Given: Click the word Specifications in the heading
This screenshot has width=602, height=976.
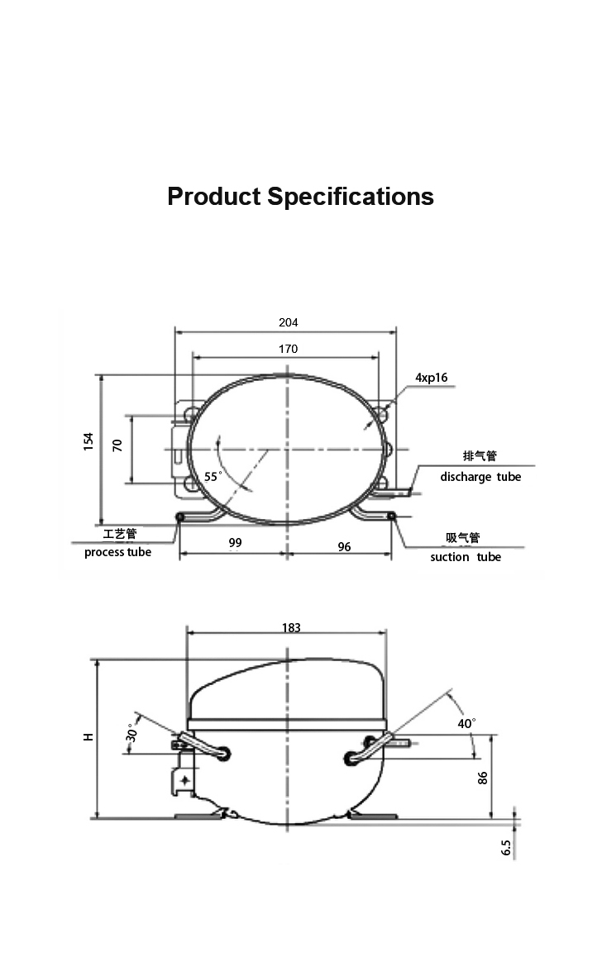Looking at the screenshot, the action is click(351, 197).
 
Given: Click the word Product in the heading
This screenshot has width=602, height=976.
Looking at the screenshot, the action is click(214, 197).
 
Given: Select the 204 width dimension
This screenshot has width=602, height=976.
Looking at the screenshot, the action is click(289, 322).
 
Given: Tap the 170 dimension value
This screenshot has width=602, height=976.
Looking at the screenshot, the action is click(289, 350).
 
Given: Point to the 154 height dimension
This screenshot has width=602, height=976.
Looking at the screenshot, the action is click(88, 441).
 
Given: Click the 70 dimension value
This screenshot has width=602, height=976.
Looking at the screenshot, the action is click(117, 445).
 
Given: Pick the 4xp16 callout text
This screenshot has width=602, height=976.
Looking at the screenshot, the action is click(432, 378).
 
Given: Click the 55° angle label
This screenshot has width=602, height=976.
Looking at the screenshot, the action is click(213, 477).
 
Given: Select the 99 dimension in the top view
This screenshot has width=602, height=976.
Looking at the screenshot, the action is click(236, 543).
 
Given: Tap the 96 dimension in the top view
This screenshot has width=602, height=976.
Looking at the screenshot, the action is click(344, 546).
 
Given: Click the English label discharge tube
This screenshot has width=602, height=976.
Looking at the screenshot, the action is click(480, 477).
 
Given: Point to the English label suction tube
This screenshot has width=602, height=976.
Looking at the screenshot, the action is click(466, 557).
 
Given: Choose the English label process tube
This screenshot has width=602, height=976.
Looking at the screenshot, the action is click(117, 552).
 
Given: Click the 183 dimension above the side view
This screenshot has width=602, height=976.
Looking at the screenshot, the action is click(291, 627).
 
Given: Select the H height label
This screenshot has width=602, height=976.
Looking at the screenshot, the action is click(88, 737).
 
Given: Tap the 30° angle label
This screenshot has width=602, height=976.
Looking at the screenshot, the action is click(131, 733).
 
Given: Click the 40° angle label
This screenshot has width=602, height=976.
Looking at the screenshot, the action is click(467, 723).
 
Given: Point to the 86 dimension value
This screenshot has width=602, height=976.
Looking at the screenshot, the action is click(482, 778).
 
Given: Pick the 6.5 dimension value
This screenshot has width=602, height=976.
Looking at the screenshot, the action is click(506, 848).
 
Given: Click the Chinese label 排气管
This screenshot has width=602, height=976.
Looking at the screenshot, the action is click(480, 456).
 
